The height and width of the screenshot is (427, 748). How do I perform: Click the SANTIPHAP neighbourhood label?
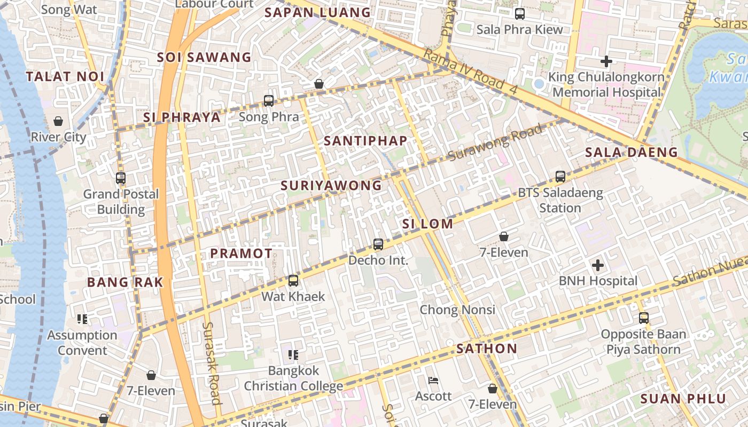click(365, 141)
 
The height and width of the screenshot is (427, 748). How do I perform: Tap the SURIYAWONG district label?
click(331, 186)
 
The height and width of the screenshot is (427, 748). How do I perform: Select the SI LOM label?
click(427, 224)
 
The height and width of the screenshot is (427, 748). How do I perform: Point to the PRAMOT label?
click(241, 254)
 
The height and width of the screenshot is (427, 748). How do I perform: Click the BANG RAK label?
click(125, 282)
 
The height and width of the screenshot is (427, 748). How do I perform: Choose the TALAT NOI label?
click(65, 76)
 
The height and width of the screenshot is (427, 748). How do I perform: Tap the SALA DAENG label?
click(631, 153)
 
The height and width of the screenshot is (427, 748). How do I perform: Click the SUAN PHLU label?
click(683, 399)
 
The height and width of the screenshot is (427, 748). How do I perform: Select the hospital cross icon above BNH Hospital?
click(598, 265)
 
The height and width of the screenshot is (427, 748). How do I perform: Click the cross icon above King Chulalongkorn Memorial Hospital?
click(606, 61)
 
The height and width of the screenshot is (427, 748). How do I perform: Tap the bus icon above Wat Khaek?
click(293, 281)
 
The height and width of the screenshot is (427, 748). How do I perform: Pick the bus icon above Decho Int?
click(378, 244)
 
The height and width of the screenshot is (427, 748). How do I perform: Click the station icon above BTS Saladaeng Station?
click(560, 177)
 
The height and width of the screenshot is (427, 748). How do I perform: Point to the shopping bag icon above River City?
click(58, 121)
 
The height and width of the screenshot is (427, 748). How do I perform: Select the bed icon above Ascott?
click(433, 381)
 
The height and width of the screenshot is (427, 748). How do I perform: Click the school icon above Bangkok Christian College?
click(293, 354)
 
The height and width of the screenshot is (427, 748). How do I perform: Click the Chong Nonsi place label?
click(457, 310)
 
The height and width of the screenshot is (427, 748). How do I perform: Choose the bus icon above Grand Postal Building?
click(121, 178)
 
